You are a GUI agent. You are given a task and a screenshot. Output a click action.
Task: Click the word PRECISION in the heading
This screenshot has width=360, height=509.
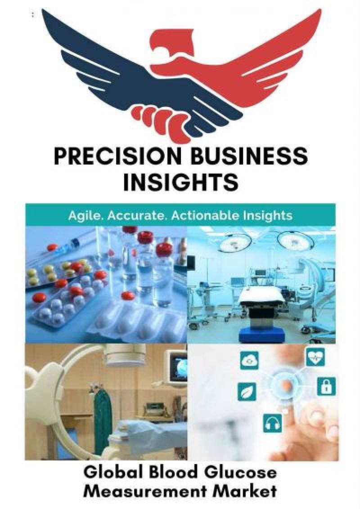pyautogui.click(x=115, y=156)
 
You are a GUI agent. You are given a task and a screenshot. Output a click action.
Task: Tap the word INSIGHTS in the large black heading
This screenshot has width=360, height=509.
pyautogui.click(x=180, y=182)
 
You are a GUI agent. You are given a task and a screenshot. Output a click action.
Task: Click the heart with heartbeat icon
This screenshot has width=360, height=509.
pyautogui.click(x=316, y=358)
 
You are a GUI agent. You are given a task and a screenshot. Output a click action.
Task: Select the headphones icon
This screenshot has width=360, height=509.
pyautogui.click(x=272, y=423)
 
